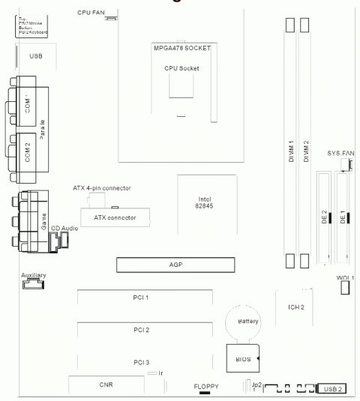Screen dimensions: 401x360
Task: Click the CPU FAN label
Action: tap(91, 13)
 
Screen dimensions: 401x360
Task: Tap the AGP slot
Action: tap(175, 265)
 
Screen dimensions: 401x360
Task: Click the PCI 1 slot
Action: tap(141, 298)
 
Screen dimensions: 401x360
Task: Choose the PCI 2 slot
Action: tap(141, 330)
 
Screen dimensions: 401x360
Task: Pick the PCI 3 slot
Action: tap(141, 362)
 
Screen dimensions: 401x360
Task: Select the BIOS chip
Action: tap(242, 359)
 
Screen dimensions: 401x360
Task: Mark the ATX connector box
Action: tap(115, 217)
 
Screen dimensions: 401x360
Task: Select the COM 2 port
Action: tap(27, 154)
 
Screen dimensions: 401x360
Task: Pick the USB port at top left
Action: tap(36, 56)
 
